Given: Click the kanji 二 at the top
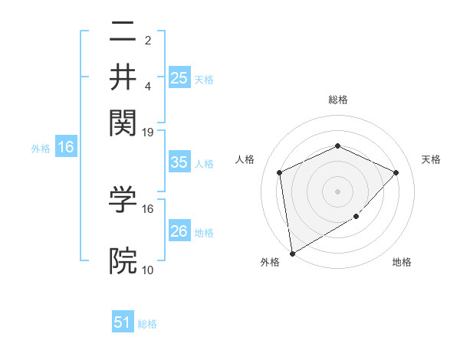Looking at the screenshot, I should click(123, 33).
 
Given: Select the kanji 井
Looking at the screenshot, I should click(123, 76).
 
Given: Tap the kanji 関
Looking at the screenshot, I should click(123, 120).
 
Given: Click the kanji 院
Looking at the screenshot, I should click(123, 261).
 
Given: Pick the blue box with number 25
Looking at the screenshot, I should click(179, 77).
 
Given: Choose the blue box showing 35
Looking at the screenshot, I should click(179, 162).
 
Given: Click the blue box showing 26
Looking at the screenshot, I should click(179, 231).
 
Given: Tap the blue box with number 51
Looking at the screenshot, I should click(123, 322).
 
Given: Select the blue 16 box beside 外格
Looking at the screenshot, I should click(66, 147).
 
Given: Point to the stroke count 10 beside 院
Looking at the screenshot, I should click(148, 270).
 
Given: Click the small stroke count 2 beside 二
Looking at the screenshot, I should click(148, 40).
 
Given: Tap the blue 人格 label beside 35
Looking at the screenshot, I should click(205, 163).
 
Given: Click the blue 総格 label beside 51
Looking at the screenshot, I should click(147, 323).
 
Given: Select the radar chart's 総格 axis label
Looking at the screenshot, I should click(337, 100).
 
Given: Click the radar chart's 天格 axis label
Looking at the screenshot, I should click(431, 159).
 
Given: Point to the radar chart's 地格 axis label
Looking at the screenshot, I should click(402, 262).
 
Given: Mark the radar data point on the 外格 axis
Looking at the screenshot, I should click(292, 253).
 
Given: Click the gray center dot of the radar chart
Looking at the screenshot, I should click(337, 191).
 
